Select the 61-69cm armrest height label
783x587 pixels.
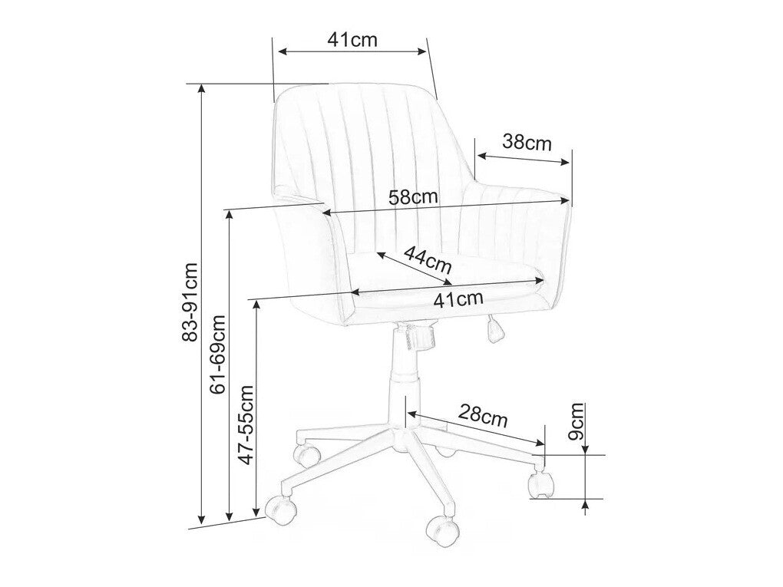click(x=217, y=353)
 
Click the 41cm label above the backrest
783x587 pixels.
click(x=352, y=40)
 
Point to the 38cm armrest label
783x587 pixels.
click(x=527, y=142)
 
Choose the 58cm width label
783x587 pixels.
click(x=413, y=196)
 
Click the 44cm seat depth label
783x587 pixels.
click(x=428, y=259)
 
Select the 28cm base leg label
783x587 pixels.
click(x=484, y=417)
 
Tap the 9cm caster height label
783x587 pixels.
click(x=577, y=420)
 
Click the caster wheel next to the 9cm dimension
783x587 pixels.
click(x=541, y=483)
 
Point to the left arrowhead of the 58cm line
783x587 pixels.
click(x=325, y=213)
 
